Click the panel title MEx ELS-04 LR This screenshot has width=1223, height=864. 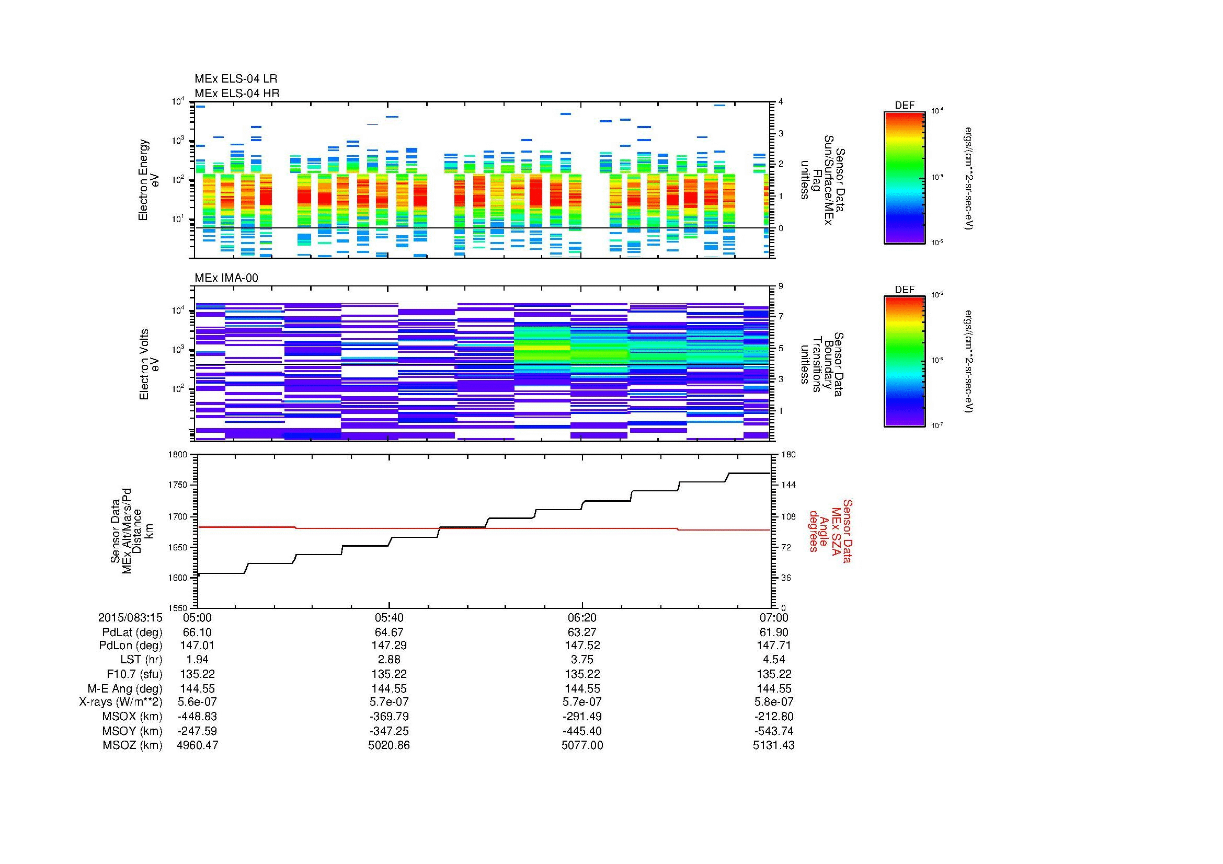pos(235,79)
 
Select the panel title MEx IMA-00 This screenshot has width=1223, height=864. pos(226,278)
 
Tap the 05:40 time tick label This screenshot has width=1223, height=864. pos(389,618)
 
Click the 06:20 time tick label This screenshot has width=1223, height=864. pos(582,618)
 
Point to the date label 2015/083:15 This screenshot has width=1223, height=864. pos(130,618)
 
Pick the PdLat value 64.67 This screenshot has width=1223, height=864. pos(389,632)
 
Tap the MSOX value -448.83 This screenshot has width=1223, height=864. pos(197,717)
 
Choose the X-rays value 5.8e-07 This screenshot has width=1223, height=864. pos(773,702)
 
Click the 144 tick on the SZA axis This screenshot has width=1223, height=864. pos(788,486)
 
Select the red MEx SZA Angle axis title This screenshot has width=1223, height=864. pos(830,531)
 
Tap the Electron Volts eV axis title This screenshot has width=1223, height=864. pos(149,364)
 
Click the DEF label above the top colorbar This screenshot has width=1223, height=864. pos(904,106)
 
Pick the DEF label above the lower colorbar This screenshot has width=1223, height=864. pos(904,290)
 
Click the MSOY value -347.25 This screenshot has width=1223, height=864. pos(389,731)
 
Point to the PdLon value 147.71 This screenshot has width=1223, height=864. pos(773,646)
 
